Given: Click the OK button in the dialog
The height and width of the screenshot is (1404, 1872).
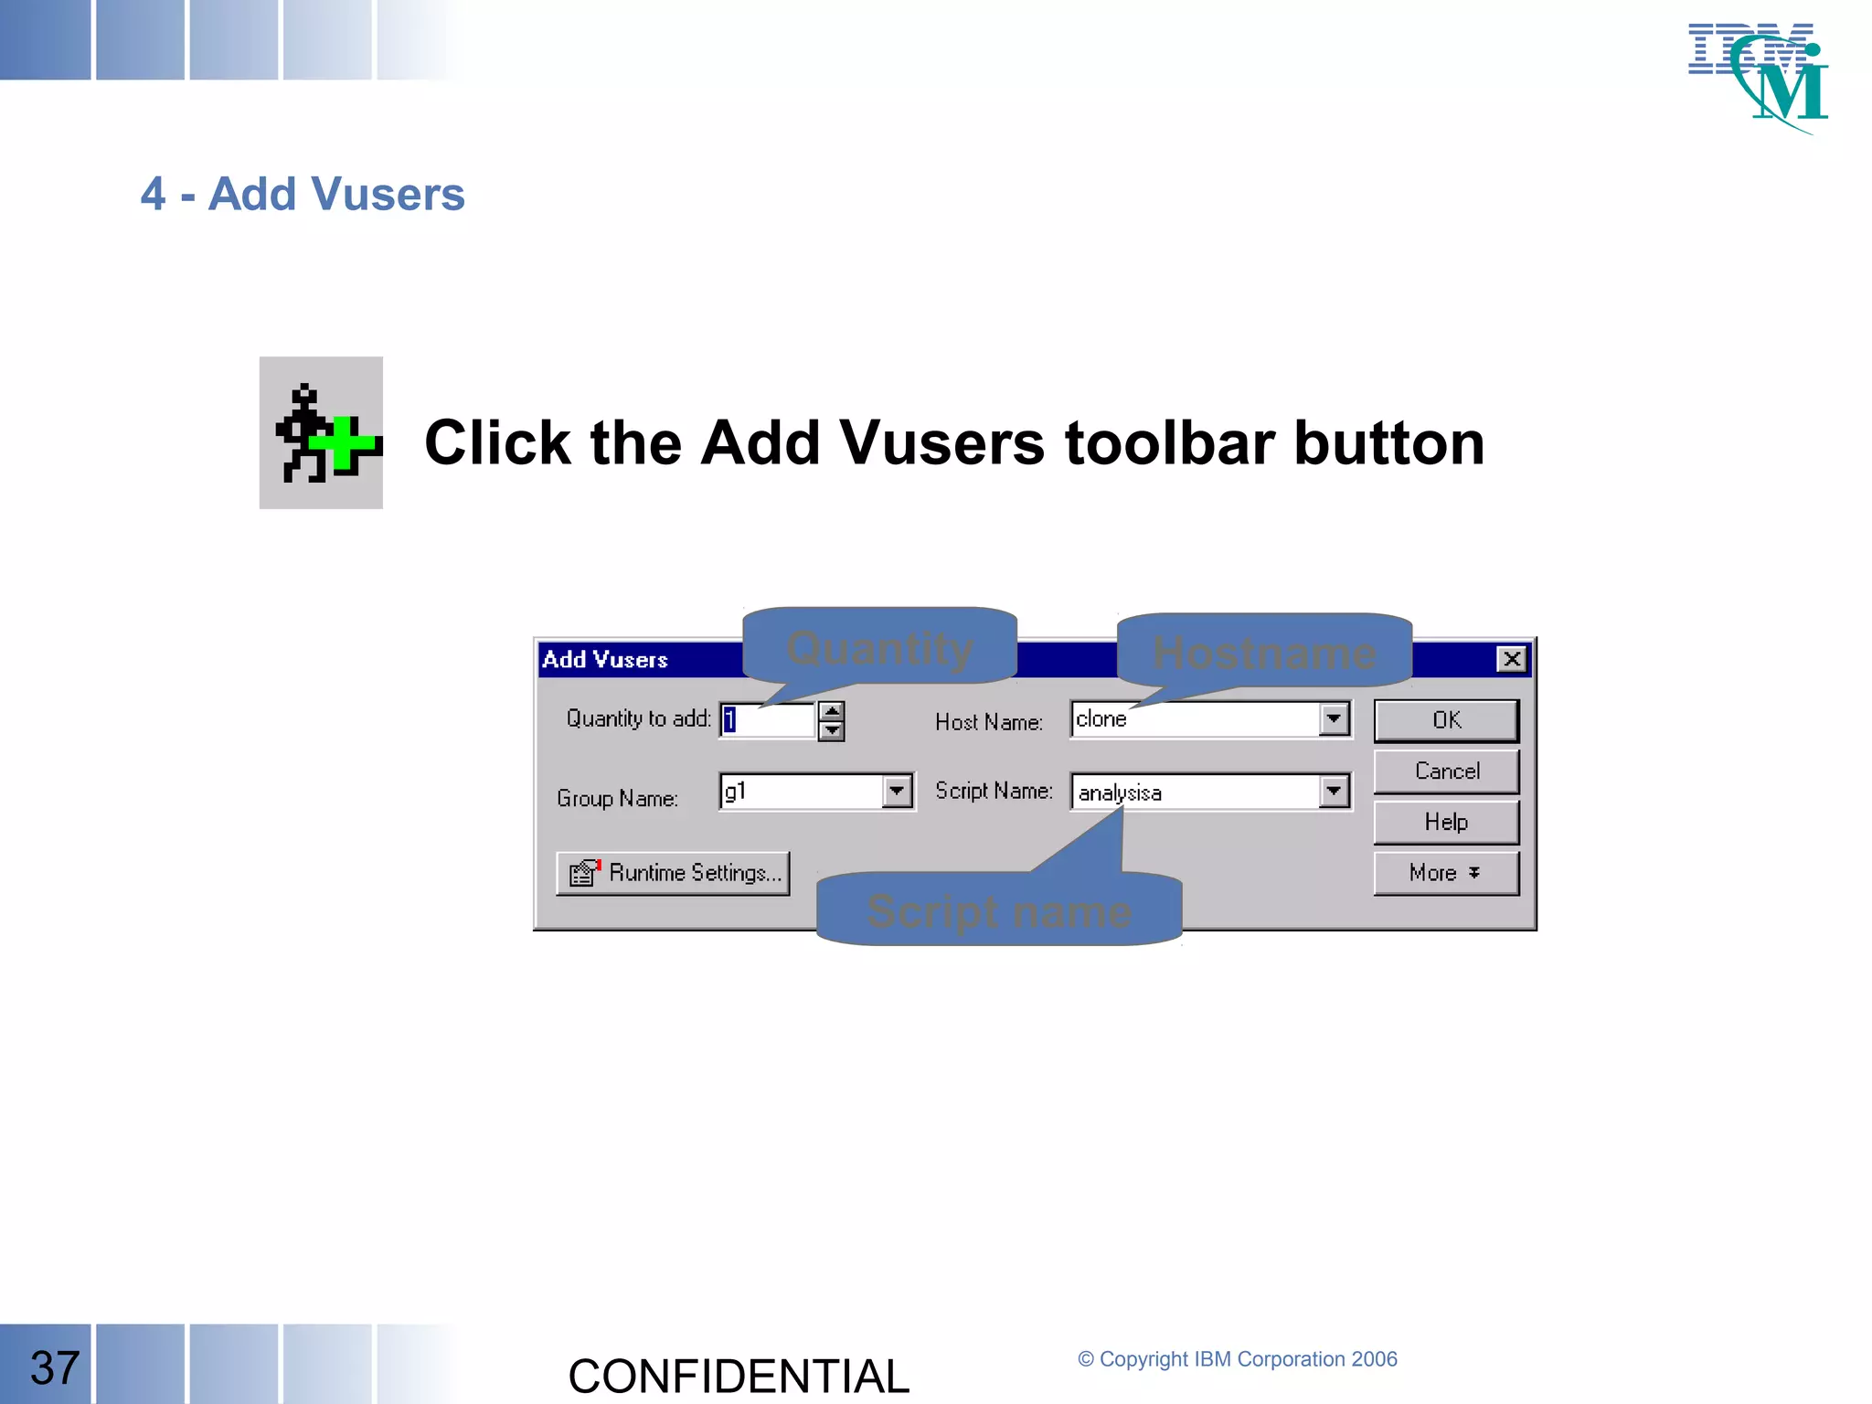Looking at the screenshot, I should click(x=1446, y=720).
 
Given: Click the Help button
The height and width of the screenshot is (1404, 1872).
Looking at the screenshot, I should click(x=1446, y=823).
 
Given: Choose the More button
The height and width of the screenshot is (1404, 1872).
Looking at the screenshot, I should click(x=1446, y=874).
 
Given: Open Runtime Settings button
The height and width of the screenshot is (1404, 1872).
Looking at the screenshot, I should click(x=674, y=874).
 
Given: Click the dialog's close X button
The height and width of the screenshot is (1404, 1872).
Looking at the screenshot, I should click(x=1512, y=659).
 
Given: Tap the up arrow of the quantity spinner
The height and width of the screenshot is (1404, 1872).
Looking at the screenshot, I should click(x=831, y=711).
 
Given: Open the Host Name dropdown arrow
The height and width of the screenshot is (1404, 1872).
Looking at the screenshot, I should click(x=1335, y=719).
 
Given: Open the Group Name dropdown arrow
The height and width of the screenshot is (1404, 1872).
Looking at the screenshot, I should click(x=897, y=792).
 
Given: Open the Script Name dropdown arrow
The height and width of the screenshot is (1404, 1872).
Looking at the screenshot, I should click(x=1335, y=792).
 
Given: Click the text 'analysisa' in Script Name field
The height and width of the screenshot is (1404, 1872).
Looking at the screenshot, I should click(x=1120, y=792).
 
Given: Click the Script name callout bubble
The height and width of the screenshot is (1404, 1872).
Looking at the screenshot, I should click(x=999, y=910).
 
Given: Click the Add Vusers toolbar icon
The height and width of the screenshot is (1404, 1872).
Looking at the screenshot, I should click(x=321, y=433).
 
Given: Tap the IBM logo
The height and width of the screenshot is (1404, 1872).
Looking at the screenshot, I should click(x=1758, y=78).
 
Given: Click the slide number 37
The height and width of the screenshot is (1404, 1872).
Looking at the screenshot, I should click(x=55, y=1367).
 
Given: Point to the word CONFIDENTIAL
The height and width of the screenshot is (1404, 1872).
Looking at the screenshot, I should click(x=739, y=1376).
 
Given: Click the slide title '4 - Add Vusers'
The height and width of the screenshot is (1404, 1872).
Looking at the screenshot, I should click(x=303, y=194).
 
